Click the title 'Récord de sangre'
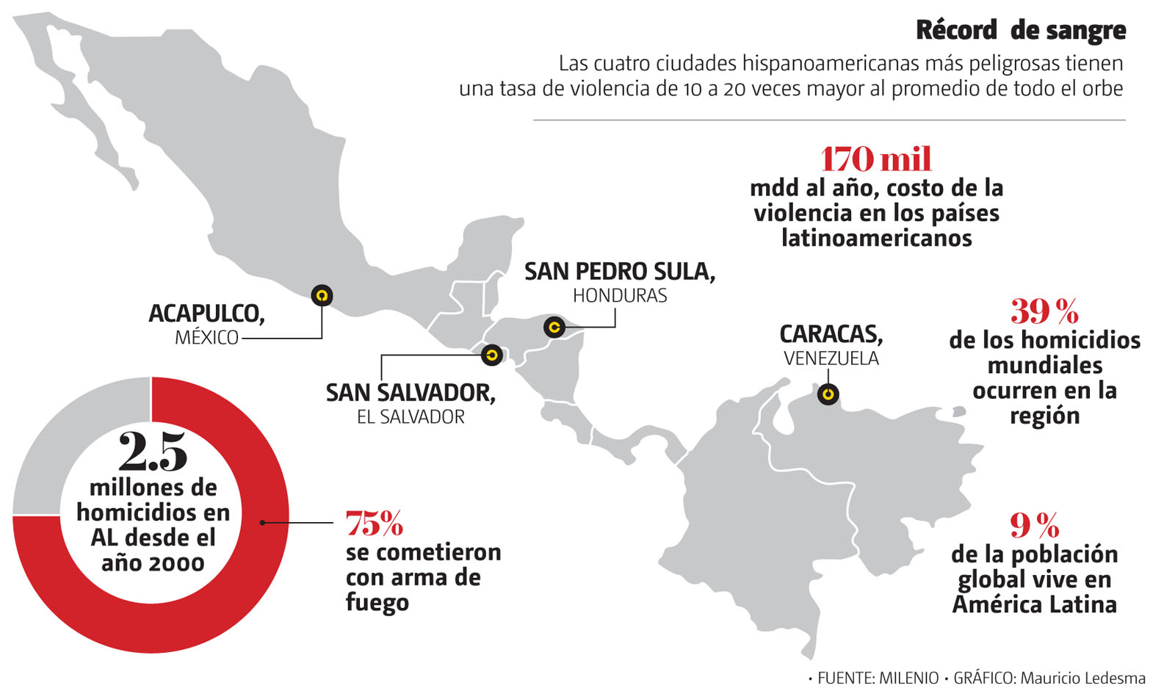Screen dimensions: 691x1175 click(1020, 30)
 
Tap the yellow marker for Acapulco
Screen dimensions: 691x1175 click(322, 295)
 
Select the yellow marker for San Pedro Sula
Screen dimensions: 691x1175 click(554, 327)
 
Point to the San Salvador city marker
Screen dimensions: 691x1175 click(491, 355)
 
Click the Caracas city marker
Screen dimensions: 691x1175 click(828, 394)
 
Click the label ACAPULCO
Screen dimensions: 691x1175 click(206, 314)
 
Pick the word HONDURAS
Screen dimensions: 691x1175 click(620, 296)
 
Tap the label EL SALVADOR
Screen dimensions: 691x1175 click(411, 417)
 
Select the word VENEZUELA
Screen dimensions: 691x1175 click(831, 358)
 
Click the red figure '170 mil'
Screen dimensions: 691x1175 click(876, 159)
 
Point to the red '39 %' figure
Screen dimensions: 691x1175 click(1044, 312)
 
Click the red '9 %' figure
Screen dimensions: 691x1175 click(1034, 525)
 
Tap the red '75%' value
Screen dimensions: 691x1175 click(375, 524)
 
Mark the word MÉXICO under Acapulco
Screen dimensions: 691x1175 click(206, 338)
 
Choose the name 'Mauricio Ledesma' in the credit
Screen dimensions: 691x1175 click(1082, 678)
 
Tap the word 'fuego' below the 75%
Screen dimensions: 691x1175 click(377, 603)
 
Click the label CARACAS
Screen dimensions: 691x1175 click(831, 334)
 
